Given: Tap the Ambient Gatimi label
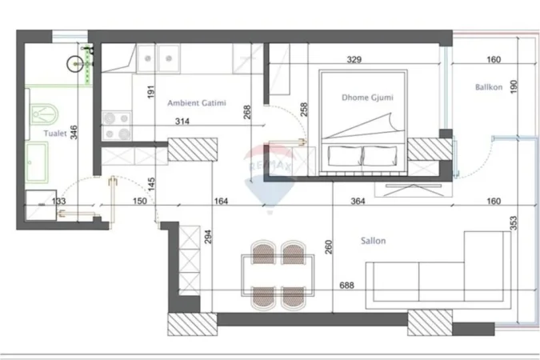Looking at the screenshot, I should pos(196,103).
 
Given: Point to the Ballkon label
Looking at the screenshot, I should pos(488,87).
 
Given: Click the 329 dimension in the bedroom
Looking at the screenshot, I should pos(354,59).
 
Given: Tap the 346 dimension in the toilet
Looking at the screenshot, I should pos(74,133).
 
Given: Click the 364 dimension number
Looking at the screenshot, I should pos(357,202).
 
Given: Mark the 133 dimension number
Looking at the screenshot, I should pos(59,202).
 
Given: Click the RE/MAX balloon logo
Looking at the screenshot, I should pos(269,168).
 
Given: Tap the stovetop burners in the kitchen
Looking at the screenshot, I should pos(118,125).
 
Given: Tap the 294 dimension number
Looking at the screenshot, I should pos(207,238).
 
